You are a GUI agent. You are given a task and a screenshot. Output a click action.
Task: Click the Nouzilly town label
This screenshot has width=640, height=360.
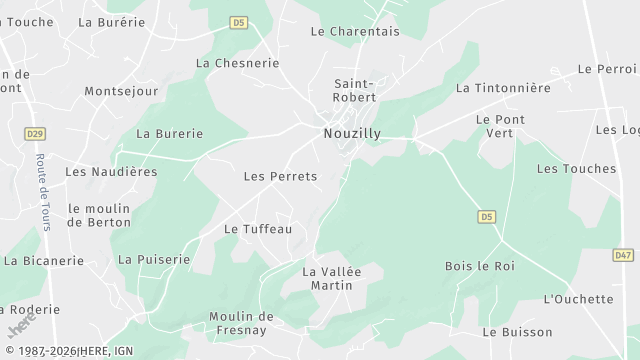[350, 132]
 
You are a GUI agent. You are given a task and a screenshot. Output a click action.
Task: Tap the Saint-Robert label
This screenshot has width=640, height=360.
[354, 90]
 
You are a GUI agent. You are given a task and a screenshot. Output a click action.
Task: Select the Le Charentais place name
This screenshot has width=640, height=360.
[354, 31]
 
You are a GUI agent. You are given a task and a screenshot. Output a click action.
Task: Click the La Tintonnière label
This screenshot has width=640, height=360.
[503, 88]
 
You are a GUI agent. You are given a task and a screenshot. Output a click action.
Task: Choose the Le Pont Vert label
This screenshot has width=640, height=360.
[500, 126]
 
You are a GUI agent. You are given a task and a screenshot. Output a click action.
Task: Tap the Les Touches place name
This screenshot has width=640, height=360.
[576, 168]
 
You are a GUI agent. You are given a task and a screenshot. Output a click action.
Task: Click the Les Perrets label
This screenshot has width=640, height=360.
[280, 176]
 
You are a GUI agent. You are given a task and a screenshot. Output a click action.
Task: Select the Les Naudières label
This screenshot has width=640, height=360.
[111, 171]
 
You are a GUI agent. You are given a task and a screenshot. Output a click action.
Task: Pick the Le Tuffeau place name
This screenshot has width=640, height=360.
[257, 228]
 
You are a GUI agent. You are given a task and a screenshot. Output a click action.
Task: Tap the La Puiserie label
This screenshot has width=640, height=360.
[154, 259]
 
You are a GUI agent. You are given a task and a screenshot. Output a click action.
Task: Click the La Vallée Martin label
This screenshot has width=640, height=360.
[331, 278]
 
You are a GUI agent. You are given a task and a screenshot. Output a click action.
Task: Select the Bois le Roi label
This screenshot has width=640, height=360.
[479, 265]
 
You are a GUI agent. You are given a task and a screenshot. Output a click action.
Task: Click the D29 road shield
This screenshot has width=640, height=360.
[34, 132]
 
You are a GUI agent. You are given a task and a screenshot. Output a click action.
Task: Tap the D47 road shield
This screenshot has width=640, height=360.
[623, 255]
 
